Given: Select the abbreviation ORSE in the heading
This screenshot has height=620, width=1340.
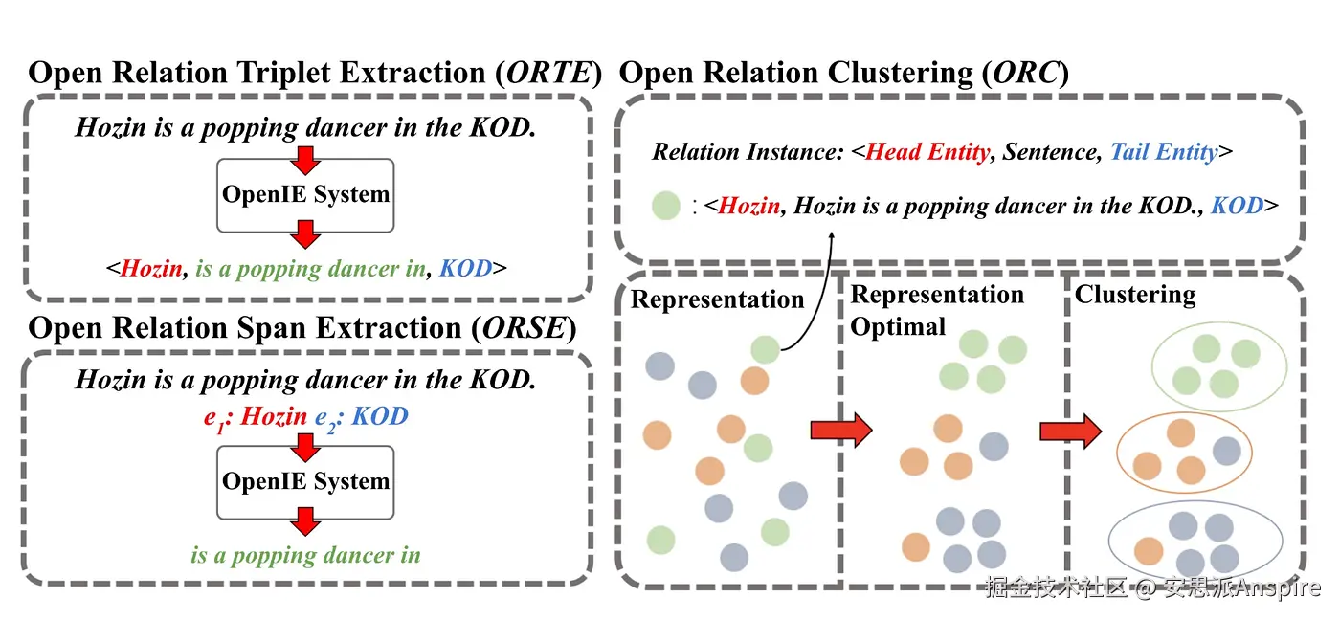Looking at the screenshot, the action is (525, 328).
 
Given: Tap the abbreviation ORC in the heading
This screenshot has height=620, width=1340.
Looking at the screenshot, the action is (1025, 73).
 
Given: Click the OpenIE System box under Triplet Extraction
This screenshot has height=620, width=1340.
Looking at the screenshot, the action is (305, 195).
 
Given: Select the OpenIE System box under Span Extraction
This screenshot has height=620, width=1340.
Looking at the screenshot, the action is (305, 482).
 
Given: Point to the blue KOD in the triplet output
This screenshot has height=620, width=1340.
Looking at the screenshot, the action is (465, 269).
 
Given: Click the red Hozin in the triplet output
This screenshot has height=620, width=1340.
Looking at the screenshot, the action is (151, 269).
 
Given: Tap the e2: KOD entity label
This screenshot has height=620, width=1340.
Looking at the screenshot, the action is (362, 417).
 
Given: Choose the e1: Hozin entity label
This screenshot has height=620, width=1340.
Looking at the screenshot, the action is (256, 417).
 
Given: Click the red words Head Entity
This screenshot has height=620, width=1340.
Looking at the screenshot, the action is (927, 152).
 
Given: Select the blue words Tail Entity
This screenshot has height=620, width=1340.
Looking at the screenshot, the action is (1164, 152).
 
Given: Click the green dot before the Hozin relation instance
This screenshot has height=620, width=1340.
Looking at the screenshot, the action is (666, 207).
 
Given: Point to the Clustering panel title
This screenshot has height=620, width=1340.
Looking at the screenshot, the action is (1135, 295).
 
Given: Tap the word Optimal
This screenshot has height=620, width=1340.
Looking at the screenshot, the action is (898, 327).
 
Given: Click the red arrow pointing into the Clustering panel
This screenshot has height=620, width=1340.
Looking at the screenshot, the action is (1071, 432).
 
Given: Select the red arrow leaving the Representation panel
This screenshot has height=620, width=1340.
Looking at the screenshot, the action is (841, 430).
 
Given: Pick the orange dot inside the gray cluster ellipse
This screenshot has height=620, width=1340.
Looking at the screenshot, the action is (1149, 551).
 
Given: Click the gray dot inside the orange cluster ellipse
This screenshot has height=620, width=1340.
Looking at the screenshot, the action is (1227, 451).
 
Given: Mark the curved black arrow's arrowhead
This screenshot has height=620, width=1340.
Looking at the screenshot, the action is (831, 236).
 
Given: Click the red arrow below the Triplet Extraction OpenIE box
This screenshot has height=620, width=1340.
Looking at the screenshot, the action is (305, 234).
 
